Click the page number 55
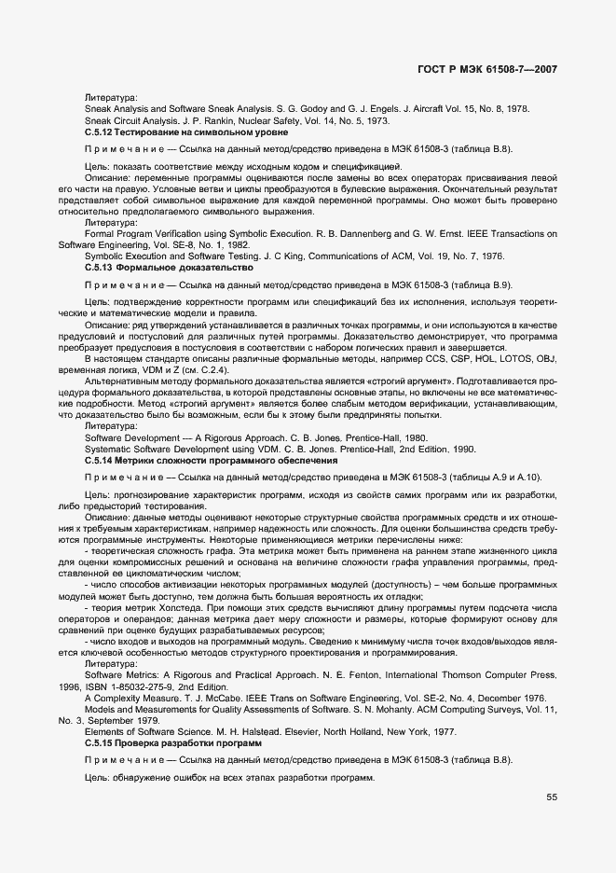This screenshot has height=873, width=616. pos(552,797)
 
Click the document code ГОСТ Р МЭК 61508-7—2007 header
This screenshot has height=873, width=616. pos(495,69)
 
